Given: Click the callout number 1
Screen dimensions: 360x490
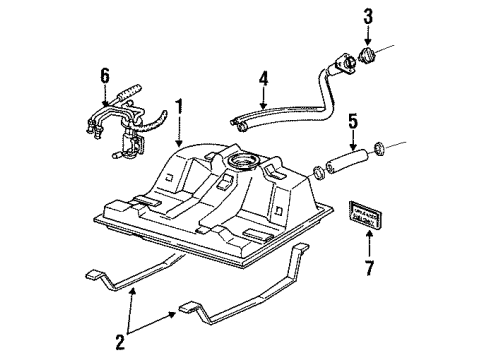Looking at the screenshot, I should [179, 106].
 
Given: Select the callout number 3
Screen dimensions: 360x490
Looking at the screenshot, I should [368, 16].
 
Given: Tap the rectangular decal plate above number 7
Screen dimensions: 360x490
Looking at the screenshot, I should [364, 215].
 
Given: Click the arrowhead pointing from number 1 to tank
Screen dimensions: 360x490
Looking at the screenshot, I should [179, 145].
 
